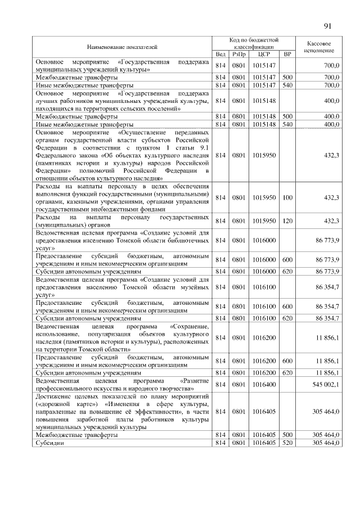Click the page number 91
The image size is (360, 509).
click(x=329, y=26)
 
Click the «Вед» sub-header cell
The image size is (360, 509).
click(x=220, y=54)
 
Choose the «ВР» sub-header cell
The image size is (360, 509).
click(x=287, y=54)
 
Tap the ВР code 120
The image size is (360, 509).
click(x=287, y=220)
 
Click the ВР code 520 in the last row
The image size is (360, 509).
click(x=287, y=443)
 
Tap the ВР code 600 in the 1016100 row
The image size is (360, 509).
click(x=287, y=306)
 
